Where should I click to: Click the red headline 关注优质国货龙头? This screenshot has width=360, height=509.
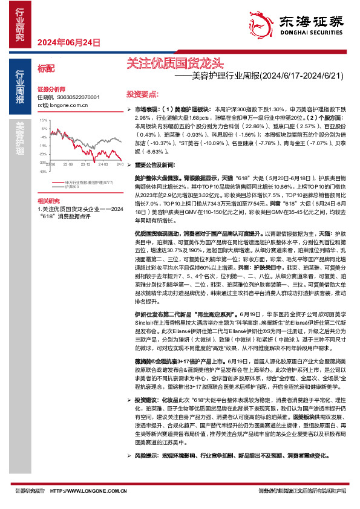pos(175,63)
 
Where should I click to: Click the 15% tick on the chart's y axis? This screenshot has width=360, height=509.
pos(43,120)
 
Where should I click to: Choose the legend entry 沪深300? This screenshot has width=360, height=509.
pos(71,186)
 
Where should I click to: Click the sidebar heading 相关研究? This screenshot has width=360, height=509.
pos(48,200)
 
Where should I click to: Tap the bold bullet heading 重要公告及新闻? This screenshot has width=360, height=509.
pos(154,164)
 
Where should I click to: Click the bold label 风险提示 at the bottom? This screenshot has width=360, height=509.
pos(146,472)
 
